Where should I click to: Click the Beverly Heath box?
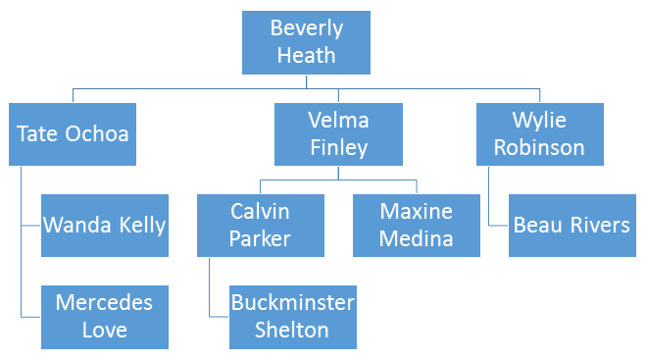(x=306, y=42)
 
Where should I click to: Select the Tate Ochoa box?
(x=73, y=134)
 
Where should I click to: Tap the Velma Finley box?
(x=338, y=134)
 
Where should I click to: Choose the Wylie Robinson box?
(x=540, y=134)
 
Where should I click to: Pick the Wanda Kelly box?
(x=105, y=226)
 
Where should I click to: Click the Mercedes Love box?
(x=105, y=317)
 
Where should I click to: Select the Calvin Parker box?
(x=261, y=226)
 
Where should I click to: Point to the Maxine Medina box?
(x=416, y=226)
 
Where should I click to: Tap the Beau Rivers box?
(x=572, y=226)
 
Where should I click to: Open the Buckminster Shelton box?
(x=293, y=317)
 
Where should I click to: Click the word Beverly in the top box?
(x=307, y=28)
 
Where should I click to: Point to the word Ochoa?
(x=97, y=133)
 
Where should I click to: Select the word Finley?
(x=338, y=148)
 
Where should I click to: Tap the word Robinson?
(x=539, y=147)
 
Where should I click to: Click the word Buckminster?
(x=292, y=303)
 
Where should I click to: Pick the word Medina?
(x=416, y=238)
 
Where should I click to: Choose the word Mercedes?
(x=104, y=303)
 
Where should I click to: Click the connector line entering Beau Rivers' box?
(x=489, y=196)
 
